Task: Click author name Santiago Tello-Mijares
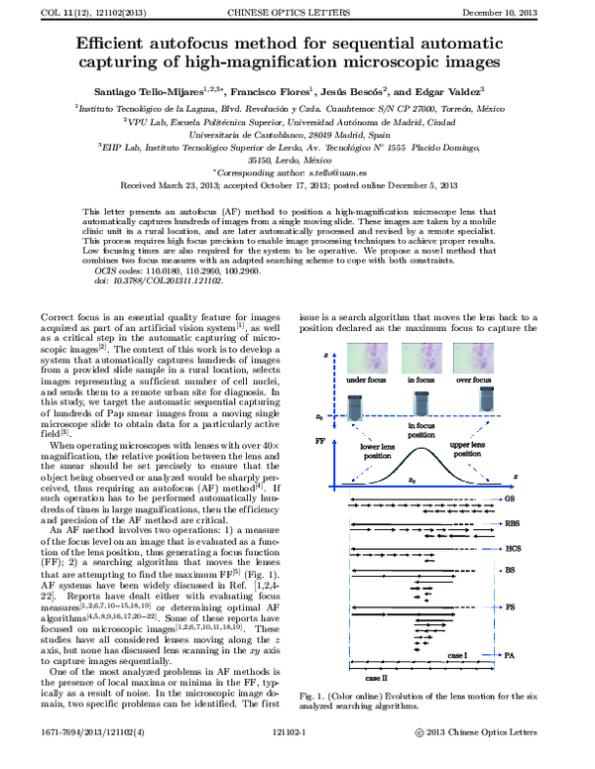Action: tap(145, 89)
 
